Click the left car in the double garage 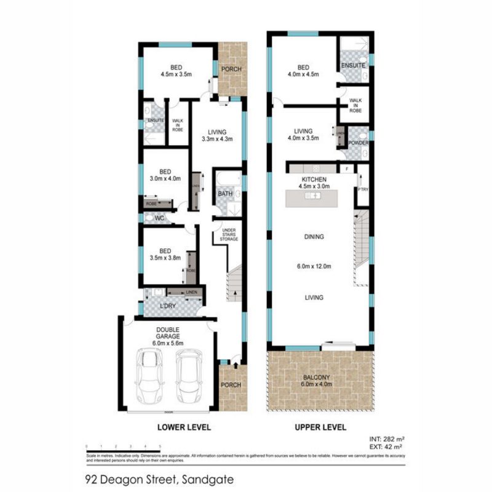pos(149,375)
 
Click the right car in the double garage pos(189,375)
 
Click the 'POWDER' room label pos(358,143)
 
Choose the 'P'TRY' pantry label pos(362,189)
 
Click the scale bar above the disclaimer pos(123,450)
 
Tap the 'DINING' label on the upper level pos(314,236)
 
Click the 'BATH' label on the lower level pos(224,194)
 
